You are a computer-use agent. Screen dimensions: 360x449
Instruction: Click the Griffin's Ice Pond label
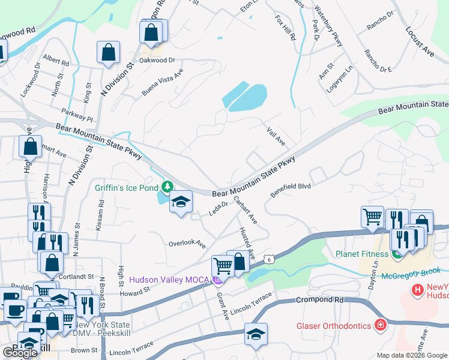tap(126, 187)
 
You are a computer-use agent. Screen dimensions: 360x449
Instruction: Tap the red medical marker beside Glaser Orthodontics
tap(379, 326)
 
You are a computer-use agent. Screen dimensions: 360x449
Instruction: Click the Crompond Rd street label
tap(318, 299)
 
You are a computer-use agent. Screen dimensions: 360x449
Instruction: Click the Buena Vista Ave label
tap(162, 83)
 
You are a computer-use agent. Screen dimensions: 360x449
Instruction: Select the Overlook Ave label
tap(187, 245)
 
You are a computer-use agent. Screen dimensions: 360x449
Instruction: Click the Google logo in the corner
tap(20, 352)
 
